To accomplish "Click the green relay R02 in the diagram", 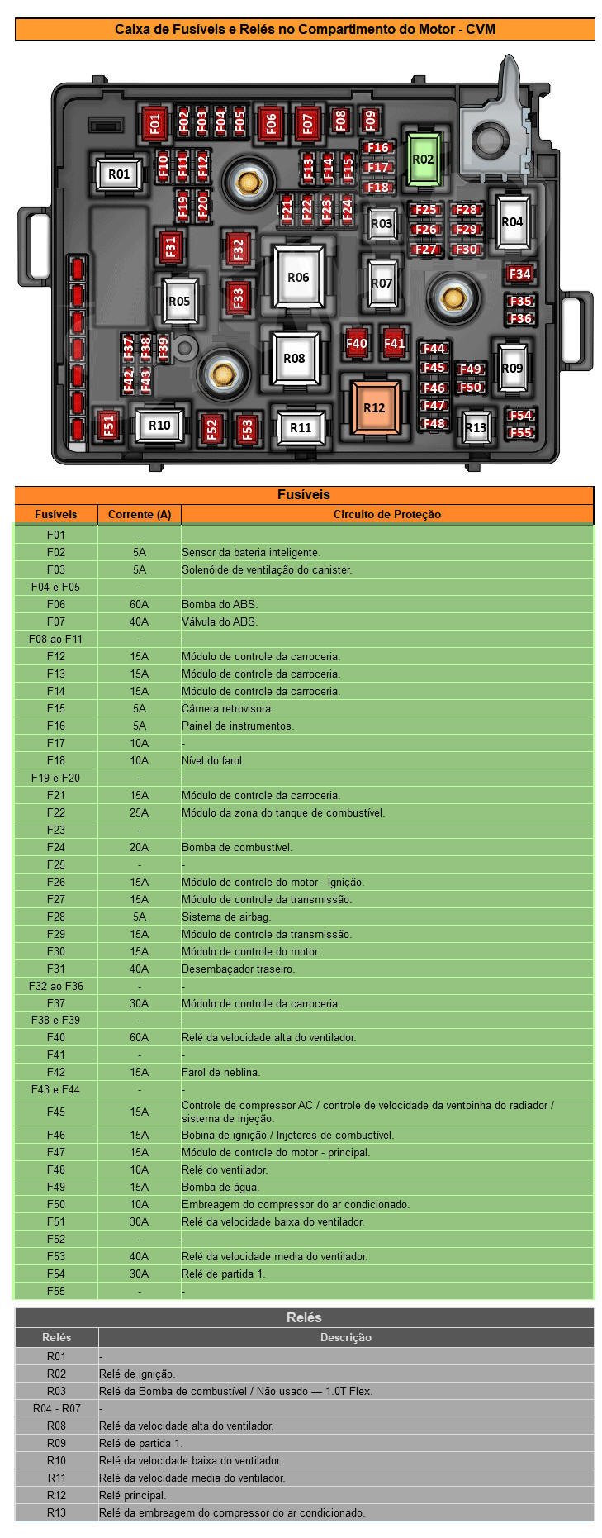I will [423, 160].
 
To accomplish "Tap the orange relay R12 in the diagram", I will [374, 407].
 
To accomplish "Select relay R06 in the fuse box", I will [298, 278].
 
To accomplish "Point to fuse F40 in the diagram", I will [357, 343].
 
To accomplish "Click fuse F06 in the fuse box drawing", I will [271, 124].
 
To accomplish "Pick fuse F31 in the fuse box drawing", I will [170, 246].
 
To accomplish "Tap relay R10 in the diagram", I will [159, 426].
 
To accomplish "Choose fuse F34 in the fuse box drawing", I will [519, 274].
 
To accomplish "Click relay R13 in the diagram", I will [476, 427].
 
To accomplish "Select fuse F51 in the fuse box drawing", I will [108, 425].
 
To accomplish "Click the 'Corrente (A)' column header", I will [140, 514].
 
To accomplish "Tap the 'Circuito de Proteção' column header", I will [386, 514].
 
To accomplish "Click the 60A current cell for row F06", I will [140, 604].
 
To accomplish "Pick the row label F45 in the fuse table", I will [56, 1112].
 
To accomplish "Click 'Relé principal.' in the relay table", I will [133, 1495].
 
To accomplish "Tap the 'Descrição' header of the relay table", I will [345, 1337].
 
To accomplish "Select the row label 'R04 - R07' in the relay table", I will [57, 1408].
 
